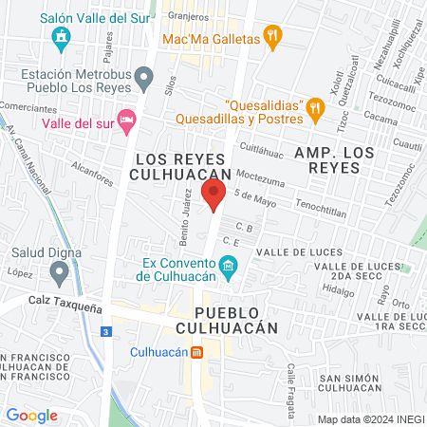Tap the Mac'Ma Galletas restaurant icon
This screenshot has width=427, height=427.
coord(272,39)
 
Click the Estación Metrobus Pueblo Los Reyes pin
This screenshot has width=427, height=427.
coord(143,75)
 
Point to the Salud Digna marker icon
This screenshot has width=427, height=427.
coord(60,273)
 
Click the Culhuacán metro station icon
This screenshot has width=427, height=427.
coord(196,352)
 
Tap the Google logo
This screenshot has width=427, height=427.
coord(32,415)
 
